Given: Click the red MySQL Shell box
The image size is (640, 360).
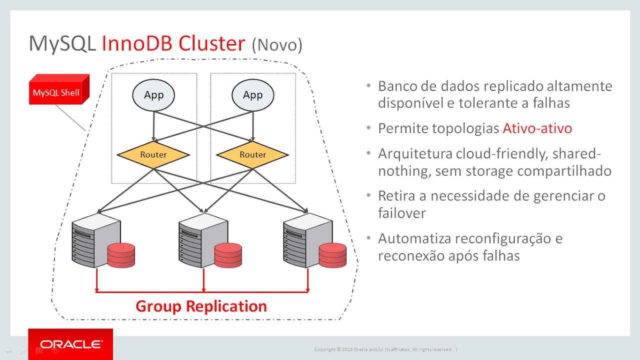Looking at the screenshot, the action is coord(59,89).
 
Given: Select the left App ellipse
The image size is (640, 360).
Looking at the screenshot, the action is coord(153,95).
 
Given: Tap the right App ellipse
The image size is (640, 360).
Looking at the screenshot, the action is coord(253,95).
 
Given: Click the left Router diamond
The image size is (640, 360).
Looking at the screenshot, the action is coord(153,155).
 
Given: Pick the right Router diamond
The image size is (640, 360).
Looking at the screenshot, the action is coord(253,155).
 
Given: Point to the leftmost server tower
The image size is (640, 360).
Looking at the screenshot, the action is coord(95,240).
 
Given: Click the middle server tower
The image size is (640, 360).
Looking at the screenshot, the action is coord(203,240).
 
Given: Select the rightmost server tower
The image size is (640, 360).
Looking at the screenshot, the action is coord(307,240).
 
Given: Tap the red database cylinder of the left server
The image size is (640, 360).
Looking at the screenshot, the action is coord(121,255).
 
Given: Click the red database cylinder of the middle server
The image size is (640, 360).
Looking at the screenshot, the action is coord(228,255).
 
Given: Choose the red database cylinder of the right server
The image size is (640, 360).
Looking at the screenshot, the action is coord(332,255).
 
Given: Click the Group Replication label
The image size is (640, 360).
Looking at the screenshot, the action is coord(201,306).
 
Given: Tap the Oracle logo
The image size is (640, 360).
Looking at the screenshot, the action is coord(70,344).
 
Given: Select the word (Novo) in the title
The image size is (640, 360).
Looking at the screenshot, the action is coord(277,45).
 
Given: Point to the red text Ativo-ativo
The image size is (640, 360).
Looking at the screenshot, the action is coord(537,128).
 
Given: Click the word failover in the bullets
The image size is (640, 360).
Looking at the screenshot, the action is coord(402,213).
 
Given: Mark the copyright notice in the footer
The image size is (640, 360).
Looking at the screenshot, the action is coord(383,349).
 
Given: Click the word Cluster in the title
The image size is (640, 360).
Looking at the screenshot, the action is coord(211,43).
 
